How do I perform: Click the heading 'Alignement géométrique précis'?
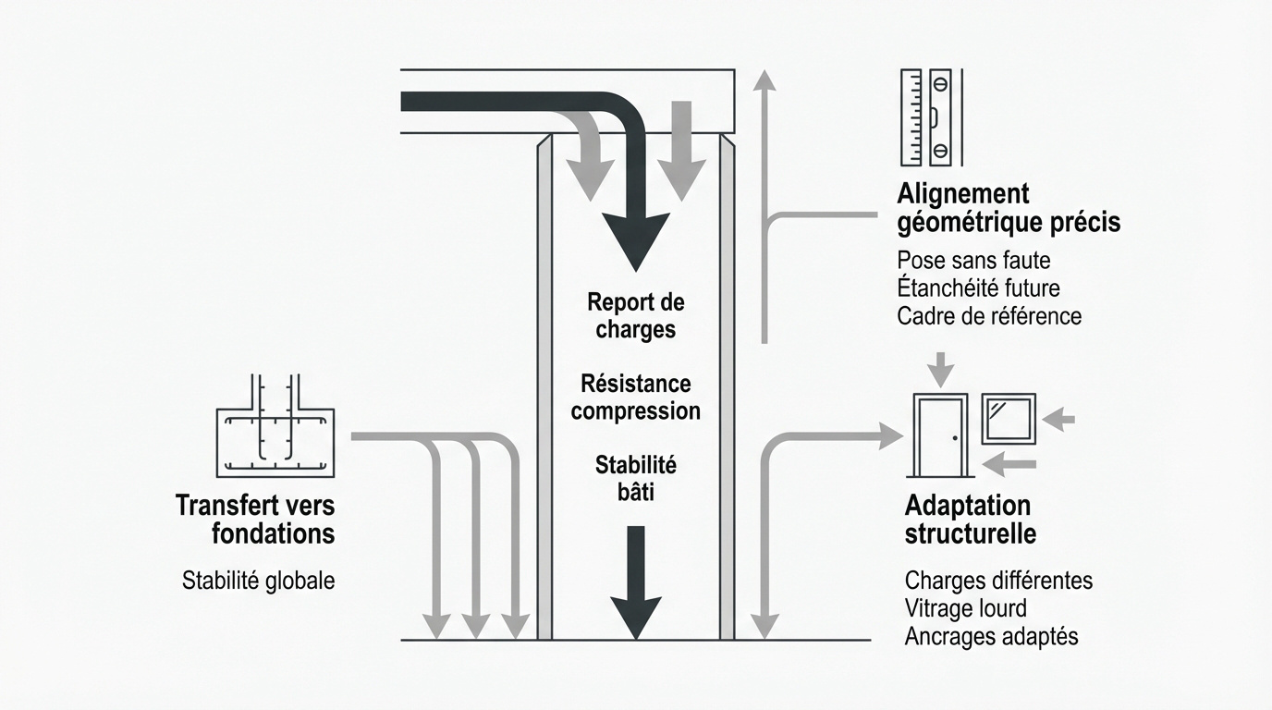(1008, 208)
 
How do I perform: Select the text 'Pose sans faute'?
(973, 261)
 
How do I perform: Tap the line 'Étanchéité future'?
(978, 288)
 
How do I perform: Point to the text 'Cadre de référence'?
(989, 316)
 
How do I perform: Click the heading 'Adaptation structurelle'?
(970, 520)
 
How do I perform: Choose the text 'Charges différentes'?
(998, 581)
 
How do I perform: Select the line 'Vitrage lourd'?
(965, 608)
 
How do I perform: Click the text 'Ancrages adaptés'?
(991, 636)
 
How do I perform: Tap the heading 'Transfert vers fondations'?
(255, 520)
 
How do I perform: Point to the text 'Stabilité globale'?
(258, 581)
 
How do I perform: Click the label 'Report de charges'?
(635, 316)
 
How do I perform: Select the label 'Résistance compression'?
(635, 397)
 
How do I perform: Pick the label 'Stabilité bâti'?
(635, 477)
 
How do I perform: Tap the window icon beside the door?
(1009, 419)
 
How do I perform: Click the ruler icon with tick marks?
(911, 116)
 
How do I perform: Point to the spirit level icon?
(940, 116)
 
